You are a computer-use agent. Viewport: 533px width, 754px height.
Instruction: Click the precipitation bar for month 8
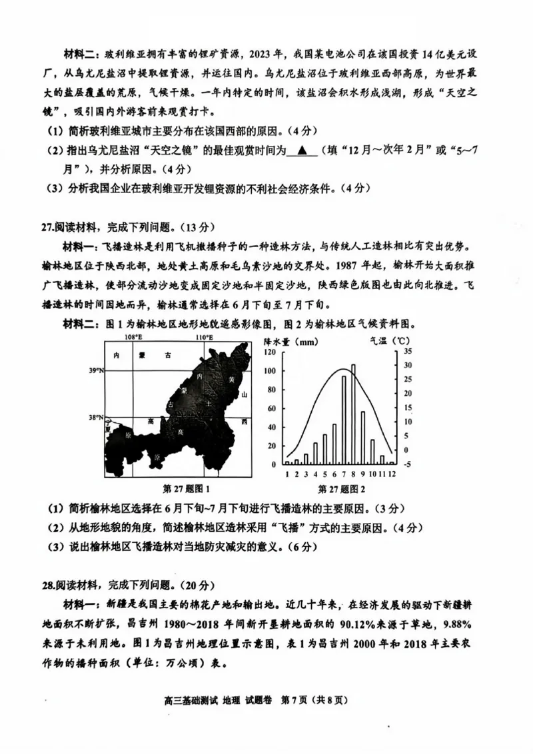pyautogui.click(x=353, y=414)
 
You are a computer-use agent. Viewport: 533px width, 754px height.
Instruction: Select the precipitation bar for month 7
pyautogui.click(x=344, y=420)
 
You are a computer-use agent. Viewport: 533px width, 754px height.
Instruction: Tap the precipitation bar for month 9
pyautogui.click(x=363, y=437)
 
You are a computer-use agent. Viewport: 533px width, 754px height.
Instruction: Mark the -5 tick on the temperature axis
pyautogui.click(x=408, y=464)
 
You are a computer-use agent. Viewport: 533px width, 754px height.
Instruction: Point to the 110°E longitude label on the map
pyautogui.click(x=204, y=338)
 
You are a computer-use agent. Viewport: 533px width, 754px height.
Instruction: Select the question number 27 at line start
pyautogui.click(x=47, y=226)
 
